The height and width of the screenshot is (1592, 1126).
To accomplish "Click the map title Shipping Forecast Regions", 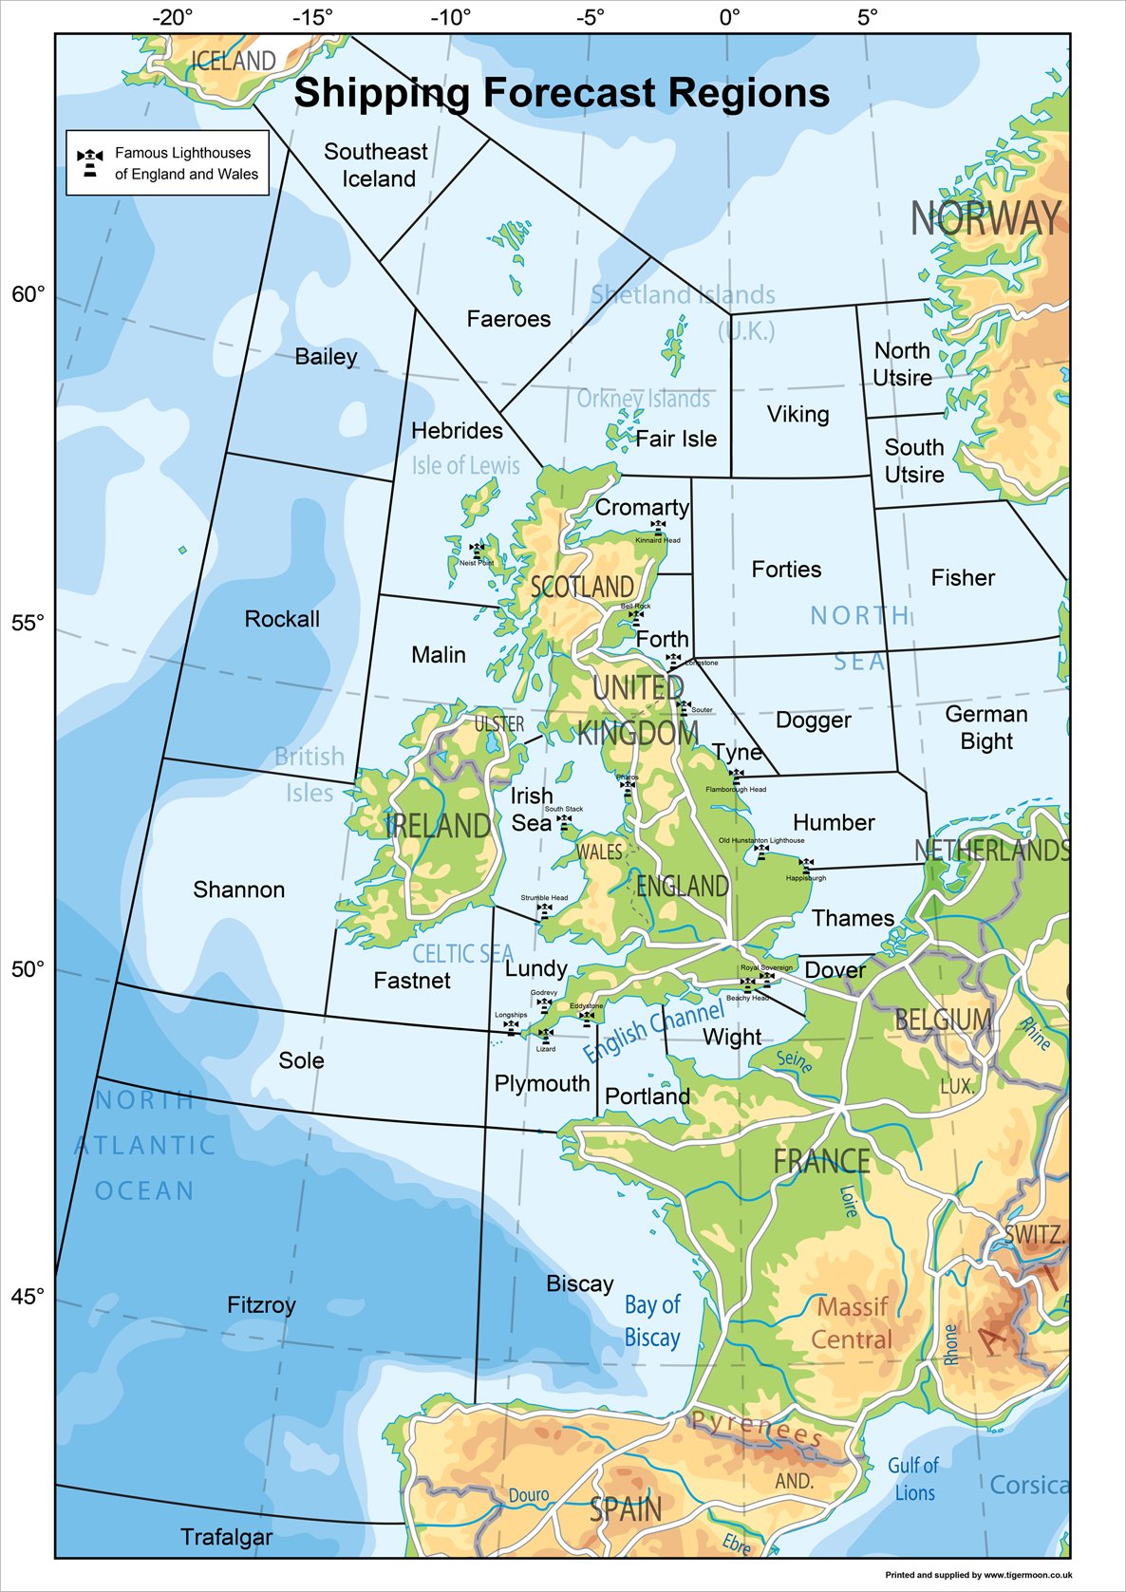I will click(x=562, y=93).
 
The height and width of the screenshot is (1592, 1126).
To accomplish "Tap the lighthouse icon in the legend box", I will click(x=90, y=162).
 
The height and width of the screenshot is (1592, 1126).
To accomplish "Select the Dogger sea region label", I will click(x=813, y=720).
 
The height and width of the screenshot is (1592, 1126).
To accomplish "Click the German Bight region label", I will click(x=985, y=727).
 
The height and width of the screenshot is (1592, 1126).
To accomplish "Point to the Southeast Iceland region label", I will click(x=377, y=165).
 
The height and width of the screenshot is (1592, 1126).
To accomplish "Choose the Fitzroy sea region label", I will click(x=261, y=1305).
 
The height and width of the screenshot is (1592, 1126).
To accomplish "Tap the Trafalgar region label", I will click(x=226, y=1537).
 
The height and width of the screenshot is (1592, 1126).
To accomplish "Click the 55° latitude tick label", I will click(x=28, y=623).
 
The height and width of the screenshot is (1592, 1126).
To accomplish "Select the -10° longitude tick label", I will click(x=450, y=17).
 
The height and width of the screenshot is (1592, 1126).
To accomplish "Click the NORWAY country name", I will click(x=985, y=218).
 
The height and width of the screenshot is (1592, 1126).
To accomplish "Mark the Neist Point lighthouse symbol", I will click(x=477, y=550).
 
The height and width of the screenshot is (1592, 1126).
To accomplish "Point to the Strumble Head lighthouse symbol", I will click(x=544, y=910).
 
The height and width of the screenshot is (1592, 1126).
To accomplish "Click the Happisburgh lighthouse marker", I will click(x=806, y=865).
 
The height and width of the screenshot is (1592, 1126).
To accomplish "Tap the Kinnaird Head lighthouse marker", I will click(x=658, y=526).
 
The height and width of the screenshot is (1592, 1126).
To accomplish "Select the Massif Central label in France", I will click(x=852, y=1323).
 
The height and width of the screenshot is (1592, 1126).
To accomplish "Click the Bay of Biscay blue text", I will click(x=652, y=1320).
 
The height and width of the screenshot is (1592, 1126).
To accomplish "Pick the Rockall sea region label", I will click(x=282, y=619).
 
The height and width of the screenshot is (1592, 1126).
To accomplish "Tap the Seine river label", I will click(x=794, y=1060).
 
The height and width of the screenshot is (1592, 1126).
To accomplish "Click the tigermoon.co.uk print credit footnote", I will click(x=978, y=1575).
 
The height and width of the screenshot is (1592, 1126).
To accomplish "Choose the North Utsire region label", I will click(x=902, y=365).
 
